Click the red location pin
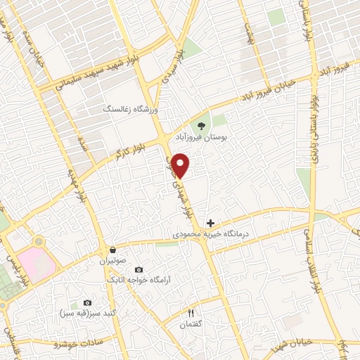click(181, 164)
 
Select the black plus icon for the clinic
click(210, 223)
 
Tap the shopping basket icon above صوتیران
click(112, 250)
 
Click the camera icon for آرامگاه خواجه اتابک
click(138, 270)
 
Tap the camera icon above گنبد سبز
click(87, 302)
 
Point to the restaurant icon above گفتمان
click(190, 312)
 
